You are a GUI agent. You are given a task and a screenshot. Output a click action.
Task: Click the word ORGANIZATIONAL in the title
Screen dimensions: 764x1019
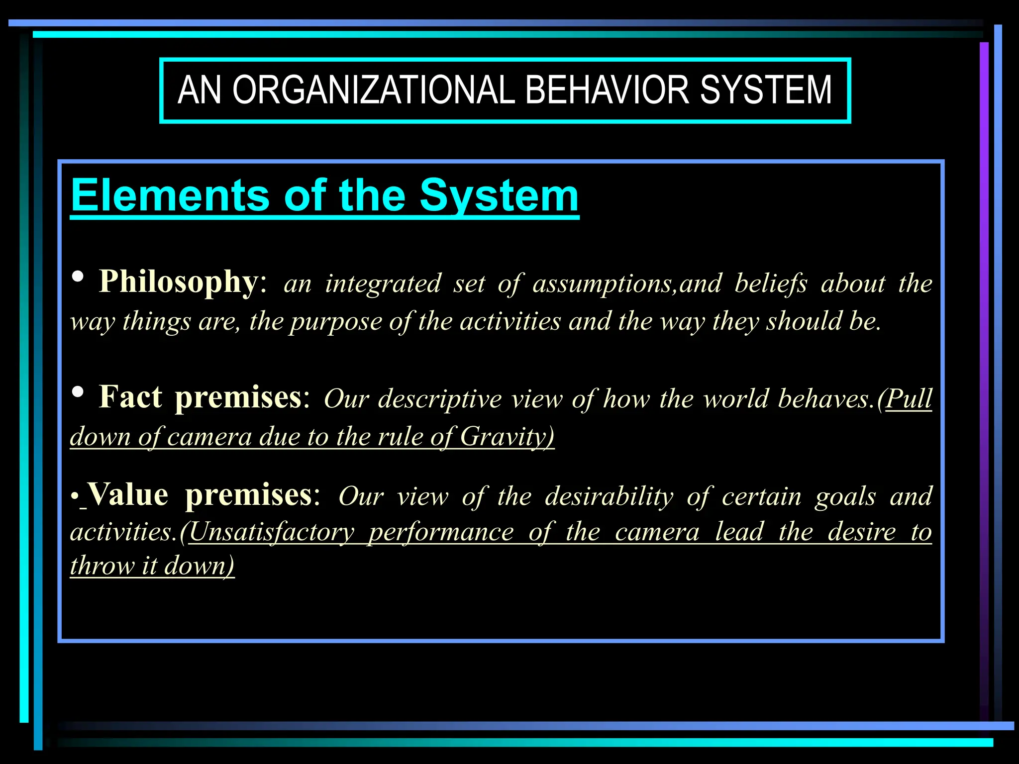[x=373, y=90]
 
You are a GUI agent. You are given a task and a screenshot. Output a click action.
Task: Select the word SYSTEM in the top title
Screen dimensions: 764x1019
[x=766, y=90]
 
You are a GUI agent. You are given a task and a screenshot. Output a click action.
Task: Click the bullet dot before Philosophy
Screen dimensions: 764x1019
[x=78, y=277]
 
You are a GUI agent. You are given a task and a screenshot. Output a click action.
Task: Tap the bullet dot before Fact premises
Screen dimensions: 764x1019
[x=78, y=392]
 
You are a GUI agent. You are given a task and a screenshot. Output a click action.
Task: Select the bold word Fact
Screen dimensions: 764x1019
[x=130, y=397]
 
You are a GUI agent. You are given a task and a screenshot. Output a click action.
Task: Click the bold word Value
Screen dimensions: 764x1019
[x=128, y=495]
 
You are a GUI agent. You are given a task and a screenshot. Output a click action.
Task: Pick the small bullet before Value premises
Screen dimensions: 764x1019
[x=74, y=497]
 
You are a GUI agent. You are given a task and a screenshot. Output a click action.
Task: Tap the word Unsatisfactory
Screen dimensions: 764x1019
[x=272, y=532]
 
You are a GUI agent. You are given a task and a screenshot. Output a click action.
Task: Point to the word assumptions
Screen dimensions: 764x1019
[x=604, y=284]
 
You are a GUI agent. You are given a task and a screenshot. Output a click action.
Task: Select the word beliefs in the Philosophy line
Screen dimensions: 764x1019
[x=771, y=284]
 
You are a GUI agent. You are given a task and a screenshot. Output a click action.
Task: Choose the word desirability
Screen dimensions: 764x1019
[x=609, y=496]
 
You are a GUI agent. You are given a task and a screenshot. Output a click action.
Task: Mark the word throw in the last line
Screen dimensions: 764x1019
[x=102, y=566]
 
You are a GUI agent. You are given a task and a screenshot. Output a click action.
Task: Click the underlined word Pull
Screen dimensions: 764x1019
[x=909, y=398]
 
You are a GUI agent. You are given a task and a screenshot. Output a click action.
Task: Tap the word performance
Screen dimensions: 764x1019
[x=441, y=532]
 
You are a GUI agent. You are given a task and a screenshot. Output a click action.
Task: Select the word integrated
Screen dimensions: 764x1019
[x=383, y=284]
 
